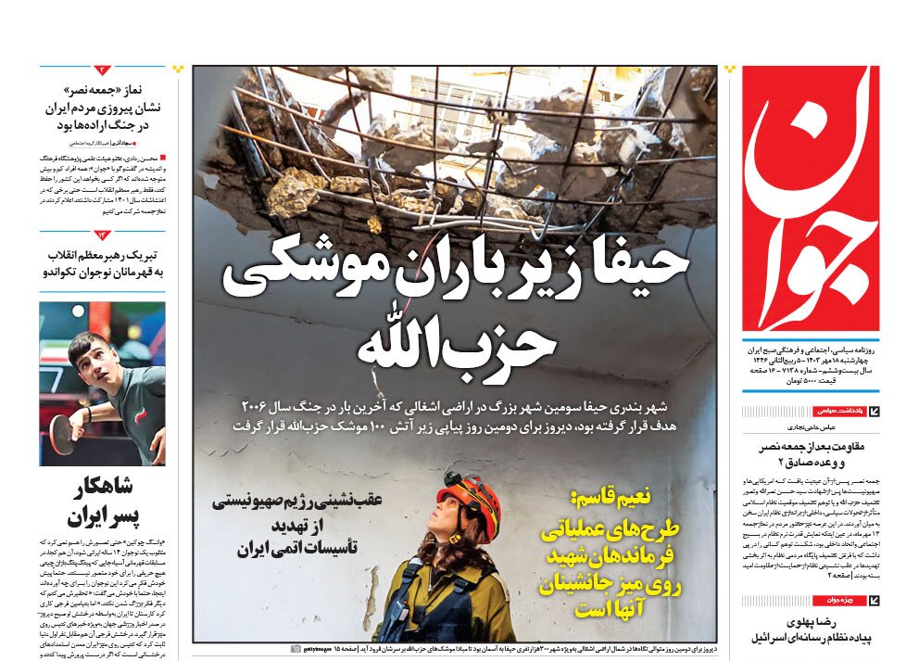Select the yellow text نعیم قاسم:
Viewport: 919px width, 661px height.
[611, 498]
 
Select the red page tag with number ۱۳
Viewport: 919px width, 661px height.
[103, 235]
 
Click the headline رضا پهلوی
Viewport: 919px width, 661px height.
[809, 623]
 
